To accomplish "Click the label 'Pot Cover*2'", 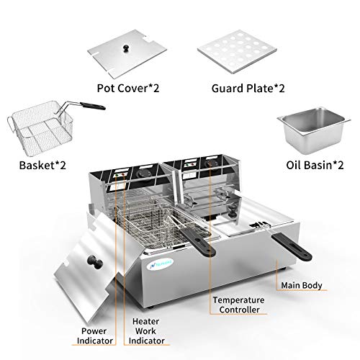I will pos(128,89).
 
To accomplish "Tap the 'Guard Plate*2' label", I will pos(237,89).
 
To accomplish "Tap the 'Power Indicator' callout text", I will pos(94,338).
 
